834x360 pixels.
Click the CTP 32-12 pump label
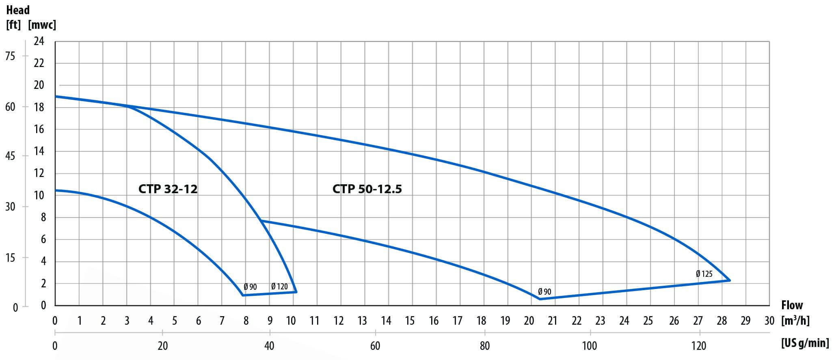coord(168,189)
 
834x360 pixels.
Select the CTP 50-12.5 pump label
coord(367,189)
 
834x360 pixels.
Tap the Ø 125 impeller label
coord(704,274)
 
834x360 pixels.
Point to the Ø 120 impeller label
coord(279,287)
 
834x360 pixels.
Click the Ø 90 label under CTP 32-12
coord(250,287)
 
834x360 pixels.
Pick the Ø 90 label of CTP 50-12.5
coord(544,292)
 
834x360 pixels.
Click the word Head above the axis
coord(18,10)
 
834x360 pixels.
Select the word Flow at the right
coord(792,305)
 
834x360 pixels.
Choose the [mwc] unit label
coord(42,25)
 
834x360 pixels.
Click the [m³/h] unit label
coord(795,321)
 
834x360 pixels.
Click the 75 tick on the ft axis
coord(10,56)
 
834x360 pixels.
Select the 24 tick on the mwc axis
coord(39,41)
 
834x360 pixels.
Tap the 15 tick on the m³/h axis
coord(410,321)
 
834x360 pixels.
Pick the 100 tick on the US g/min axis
coord(590,346)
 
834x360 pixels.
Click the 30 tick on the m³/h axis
coord(769,321)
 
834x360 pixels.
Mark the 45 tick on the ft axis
coord(10,156)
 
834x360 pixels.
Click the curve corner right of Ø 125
coord(730,280)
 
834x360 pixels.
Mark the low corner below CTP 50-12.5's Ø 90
coord(540,299)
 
